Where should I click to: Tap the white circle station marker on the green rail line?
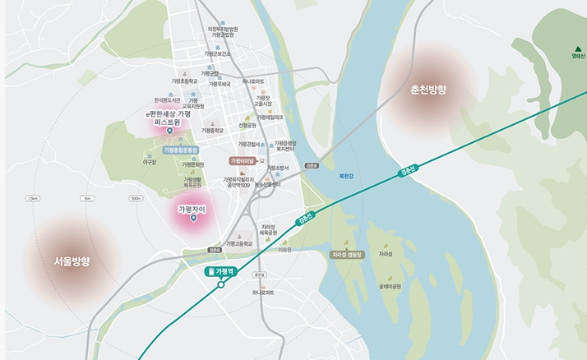(221, 285)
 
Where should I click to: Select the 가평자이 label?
(191, 210)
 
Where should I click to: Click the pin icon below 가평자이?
(191, 221)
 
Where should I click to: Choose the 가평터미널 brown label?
(244, 161)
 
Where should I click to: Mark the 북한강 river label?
(346, 175)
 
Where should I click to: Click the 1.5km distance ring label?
(34, 198)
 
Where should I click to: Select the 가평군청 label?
(213, 73)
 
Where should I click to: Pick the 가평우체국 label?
(219, 83)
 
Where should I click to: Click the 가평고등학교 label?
(238, 243)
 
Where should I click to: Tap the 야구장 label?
(150, 162)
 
